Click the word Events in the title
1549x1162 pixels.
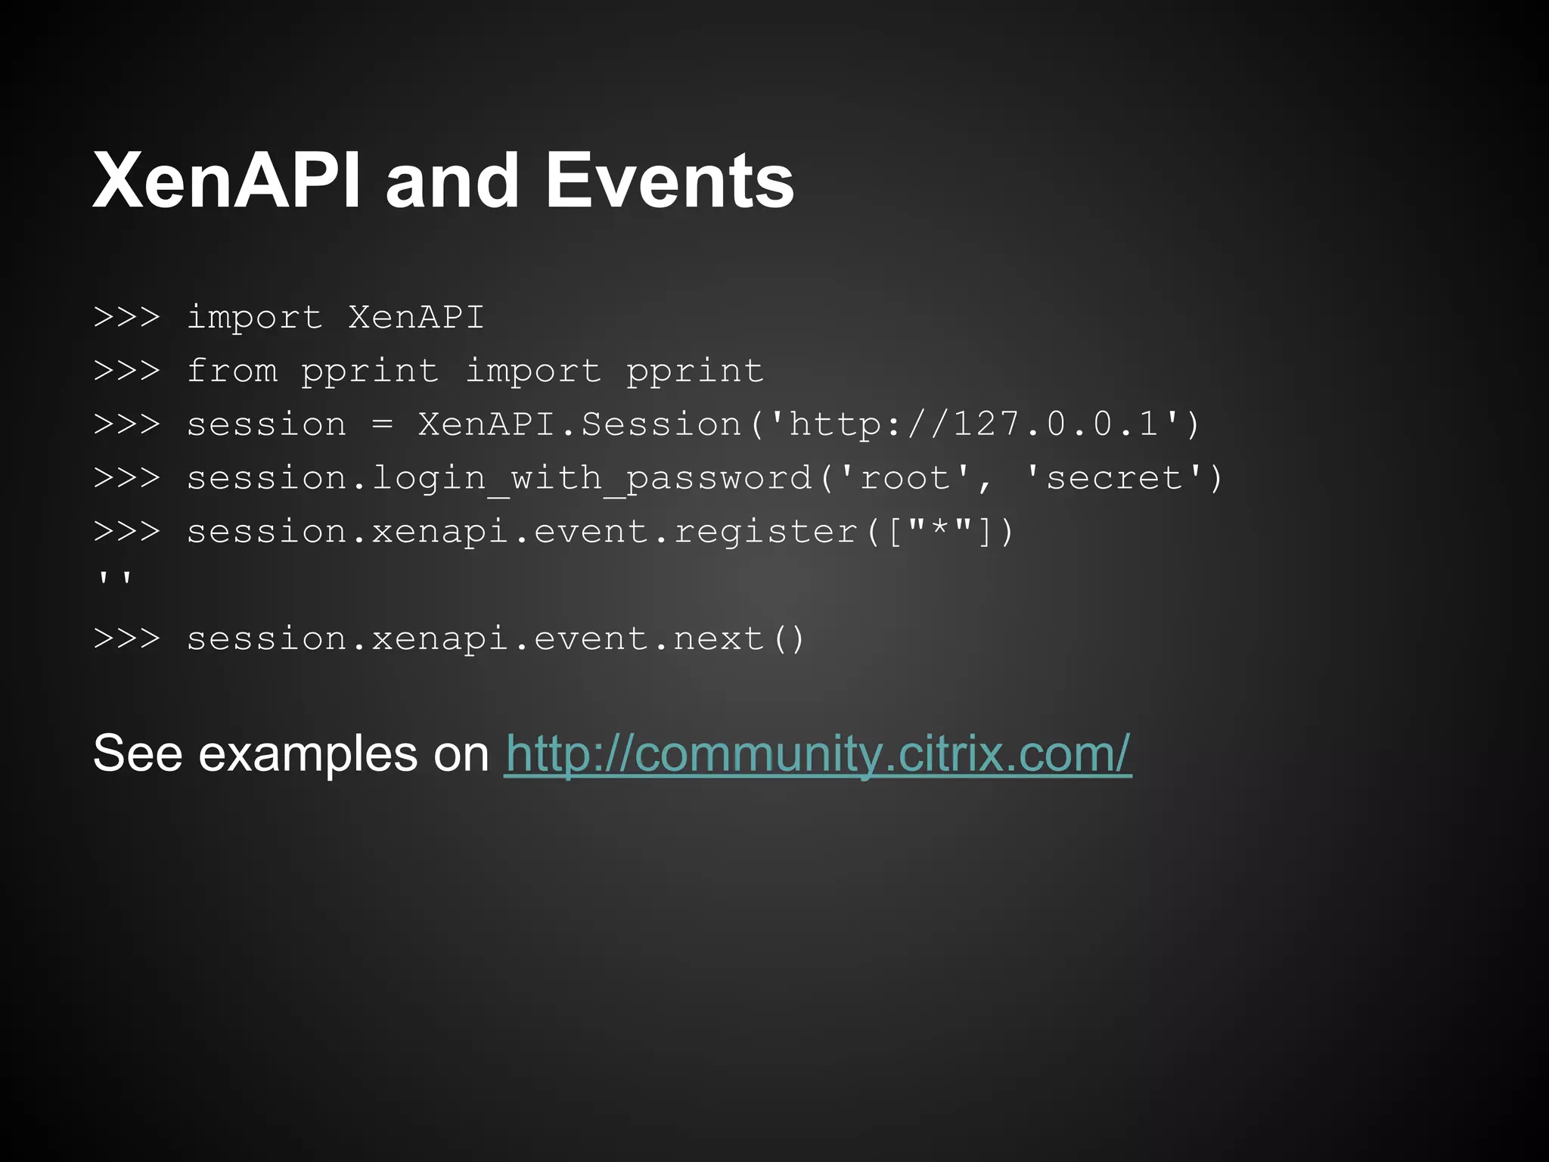669,182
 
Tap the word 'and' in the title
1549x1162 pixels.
452,182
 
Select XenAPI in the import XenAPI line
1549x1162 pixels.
416,317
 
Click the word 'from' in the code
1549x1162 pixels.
232,371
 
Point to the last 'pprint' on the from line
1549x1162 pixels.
695,371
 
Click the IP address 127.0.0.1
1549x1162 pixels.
1056,424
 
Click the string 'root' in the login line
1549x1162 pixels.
905,478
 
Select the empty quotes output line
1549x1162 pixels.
115,581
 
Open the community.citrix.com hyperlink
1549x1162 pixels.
818,753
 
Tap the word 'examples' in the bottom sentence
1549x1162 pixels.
308,755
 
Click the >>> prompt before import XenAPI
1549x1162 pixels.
127,317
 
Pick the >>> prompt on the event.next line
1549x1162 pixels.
127,638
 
